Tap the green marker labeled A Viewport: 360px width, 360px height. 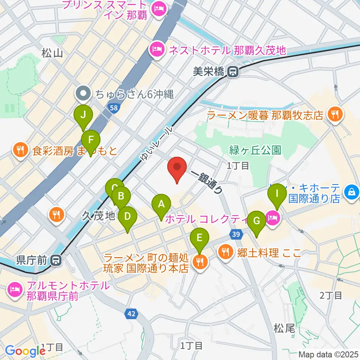161,205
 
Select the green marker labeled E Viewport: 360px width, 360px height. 199,238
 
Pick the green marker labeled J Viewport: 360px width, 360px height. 83,115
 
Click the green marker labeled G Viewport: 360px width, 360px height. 256,222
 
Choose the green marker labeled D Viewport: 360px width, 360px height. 127,217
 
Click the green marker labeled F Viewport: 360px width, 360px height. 91,141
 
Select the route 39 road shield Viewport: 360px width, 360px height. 235,234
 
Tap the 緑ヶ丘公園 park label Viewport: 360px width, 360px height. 255,150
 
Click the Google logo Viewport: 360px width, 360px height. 25,350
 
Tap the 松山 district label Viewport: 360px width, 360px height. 52,54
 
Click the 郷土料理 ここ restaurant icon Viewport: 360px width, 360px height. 225,251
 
